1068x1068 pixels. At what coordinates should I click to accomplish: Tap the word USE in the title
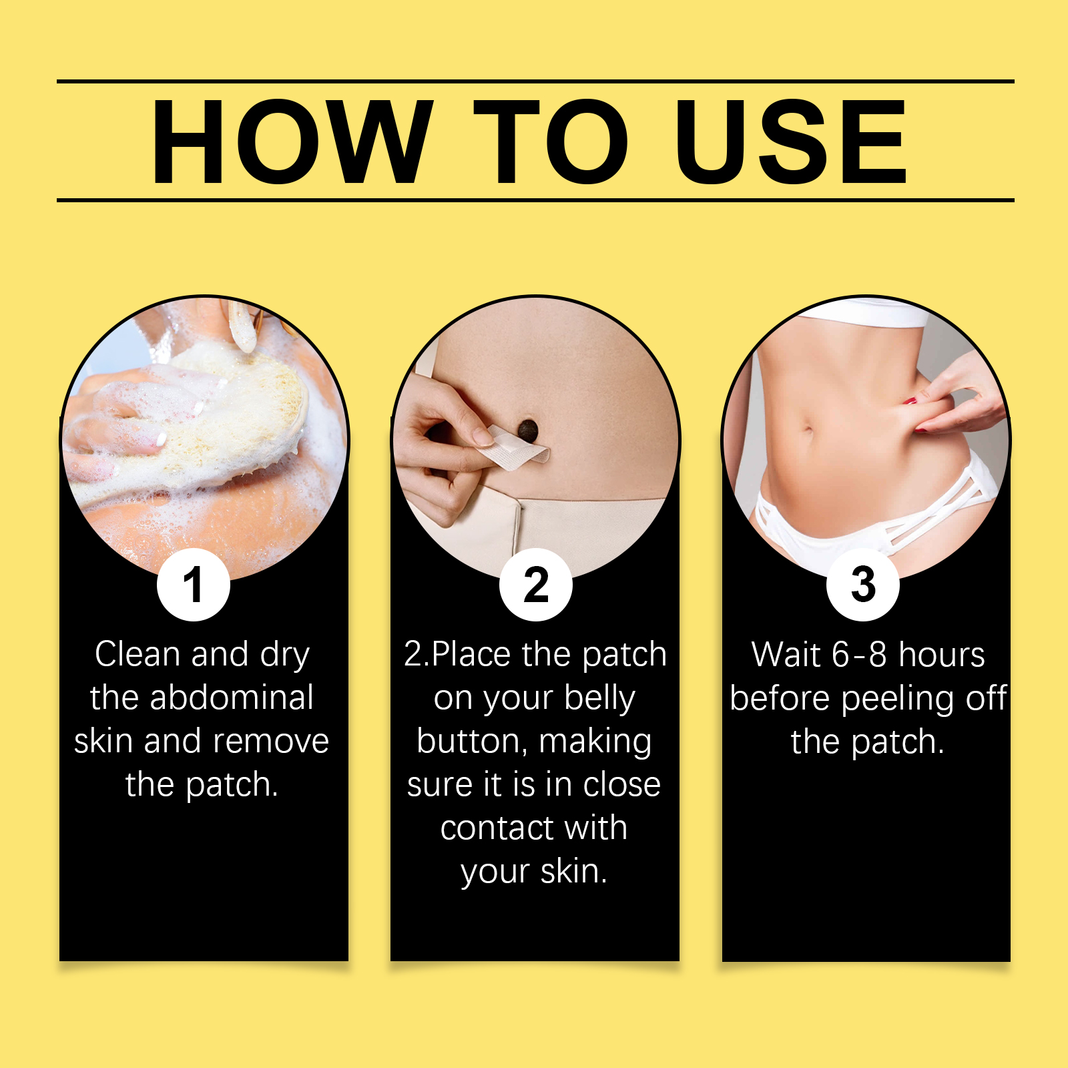(x=792, y=141)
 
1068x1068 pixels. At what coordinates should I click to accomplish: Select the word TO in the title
(x=551, y=141)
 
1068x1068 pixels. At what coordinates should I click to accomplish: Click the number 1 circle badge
(x=194, y=585)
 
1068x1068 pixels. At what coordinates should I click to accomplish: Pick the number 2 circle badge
(x=536, y=585)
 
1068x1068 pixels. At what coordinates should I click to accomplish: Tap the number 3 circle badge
(x=863, y=585)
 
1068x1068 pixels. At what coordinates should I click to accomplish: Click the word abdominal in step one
(x=232, y=698)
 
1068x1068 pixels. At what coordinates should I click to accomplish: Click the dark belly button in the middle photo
(x=528, y=430)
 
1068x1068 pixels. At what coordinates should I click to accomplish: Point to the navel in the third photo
(x=808, y=429)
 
